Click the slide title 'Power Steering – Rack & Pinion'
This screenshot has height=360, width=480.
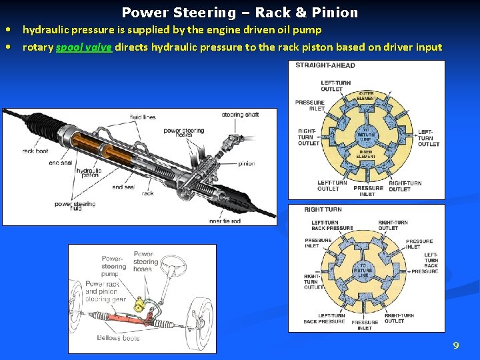240,13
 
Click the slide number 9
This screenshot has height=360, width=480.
456,345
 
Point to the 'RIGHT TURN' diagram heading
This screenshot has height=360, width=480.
323,209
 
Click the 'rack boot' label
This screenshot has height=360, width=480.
35,151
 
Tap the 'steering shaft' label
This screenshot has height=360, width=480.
240,115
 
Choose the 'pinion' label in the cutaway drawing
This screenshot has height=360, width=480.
246,163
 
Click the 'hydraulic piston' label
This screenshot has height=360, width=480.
89,174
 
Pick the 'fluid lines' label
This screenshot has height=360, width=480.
143,117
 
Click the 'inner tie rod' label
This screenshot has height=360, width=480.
224,221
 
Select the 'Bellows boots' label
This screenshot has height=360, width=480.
118,337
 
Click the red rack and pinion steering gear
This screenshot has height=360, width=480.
127,319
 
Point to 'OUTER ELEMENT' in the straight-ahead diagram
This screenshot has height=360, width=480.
366,95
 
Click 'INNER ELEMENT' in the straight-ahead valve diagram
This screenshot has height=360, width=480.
367,154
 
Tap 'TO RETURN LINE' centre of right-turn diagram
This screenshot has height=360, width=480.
363,270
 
